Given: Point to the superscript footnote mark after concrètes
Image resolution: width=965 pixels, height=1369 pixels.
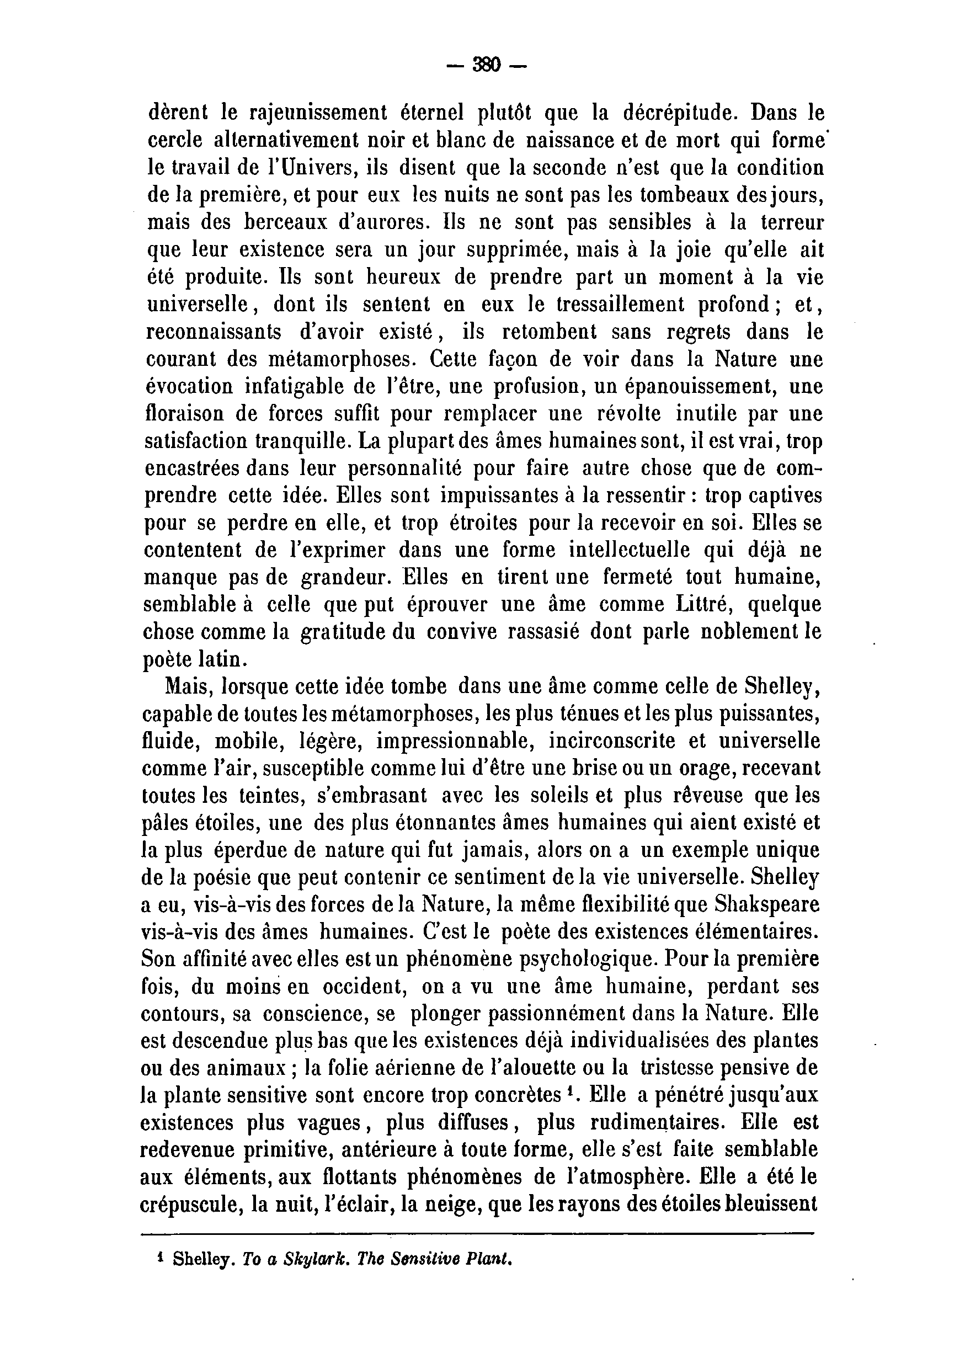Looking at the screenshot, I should coord(571,1090).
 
